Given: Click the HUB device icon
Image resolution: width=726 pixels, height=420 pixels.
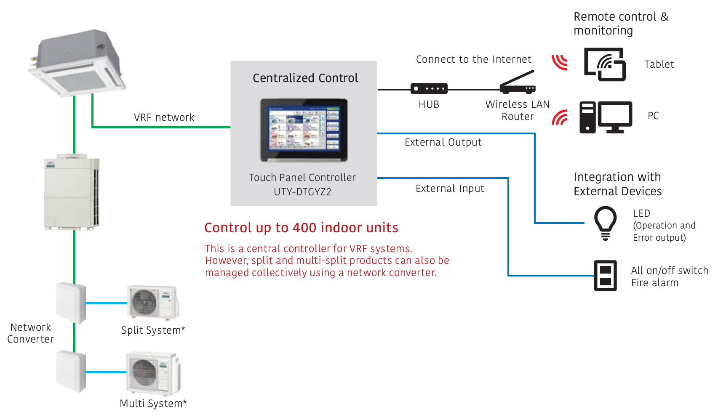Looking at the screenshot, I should (x=429, y=88).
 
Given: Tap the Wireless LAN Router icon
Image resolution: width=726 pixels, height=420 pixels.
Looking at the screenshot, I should (x=518, y=83).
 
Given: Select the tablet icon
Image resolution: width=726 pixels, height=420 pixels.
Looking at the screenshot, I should (x=605, y=64).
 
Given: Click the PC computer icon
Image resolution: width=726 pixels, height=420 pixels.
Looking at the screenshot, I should (x=606, y=117).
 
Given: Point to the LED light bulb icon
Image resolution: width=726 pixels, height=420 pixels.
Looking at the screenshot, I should (x=605, y=223).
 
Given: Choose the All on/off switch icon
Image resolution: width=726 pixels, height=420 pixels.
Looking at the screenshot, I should (x=605, y=276).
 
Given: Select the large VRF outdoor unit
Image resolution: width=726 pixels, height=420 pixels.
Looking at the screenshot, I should (x=72, y=193).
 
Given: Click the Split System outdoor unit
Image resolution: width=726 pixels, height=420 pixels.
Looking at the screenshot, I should (x=153, y=302).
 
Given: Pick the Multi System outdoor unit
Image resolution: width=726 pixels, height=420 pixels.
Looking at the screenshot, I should (x=153, y=372).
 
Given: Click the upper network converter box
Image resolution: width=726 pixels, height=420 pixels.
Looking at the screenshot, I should (x=71, y=302).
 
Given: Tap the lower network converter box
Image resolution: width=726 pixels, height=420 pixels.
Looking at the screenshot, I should (x=71, y=372).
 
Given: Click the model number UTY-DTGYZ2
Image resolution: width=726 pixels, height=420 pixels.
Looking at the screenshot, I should (x=302, y=192).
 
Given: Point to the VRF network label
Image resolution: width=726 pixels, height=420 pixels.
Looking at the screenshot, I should (x=164, y=117).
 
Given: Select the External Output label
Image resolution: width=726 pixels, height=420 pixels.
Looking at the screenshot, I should (x=443, y=142).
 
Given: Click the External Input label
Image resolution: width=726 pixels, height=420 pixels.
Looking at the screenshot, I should (x=450, y=189).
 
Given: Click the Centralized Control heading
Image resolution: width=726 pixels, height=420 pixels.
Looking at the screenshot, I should (x=305, y=78).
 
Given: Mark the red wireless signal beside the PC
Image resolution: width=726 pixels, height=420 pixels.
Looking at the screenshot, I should (x=560, y=118).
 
